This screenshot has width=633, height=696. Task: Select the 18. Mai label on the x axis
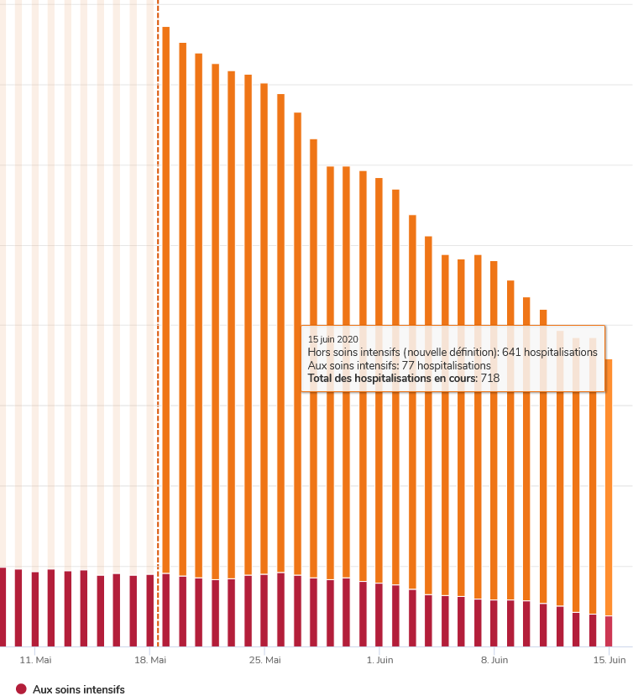tap(150, 661)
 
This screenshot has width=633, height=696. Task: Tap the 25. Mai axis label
tap(265, 661)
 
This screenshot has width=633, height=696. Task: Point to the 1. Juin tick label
tap(379, 661)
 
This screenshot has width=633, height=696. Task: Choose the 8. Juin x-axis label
tap(494, 661)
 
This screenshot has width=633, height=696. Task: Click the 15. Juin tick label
tap(609, 661)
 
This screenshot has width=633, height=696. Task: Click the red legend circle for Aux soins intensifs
tap(21, 689)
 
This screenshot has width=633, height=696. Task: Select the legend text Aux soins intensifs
tap(78, 689)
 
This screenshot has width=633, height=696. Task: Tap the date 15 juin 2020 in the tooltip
tap(332, 339)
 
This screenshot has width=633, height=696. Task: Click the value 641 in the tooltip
tap(511, 353)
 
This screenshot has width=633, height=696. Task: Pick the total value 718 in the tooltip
tap(489, 379)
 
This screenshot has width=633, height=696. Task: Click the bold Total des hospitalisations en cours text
tap(392, 379)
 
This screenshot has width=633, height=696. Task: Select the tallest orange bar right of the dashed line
tap(166, 294)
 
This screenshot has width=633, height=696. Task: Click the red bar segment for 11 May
tap(35, 609)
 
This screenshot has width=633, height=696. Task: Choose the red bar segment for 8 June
tap(494, 623)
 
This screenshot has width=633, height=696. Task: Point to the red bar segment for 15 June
tap(609, 631)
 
